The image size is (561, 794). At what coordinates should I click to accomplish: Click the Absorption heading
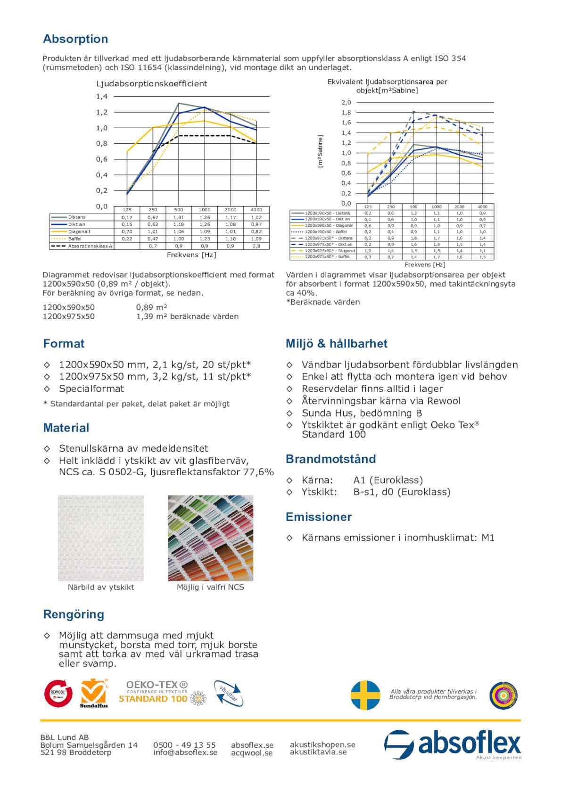point(75,39)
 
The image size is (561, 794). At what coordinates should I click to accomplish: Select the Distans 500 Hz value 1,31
point(178,217)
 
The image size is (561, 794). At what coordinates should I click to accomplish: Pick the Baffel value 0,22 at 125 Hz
point(127,239)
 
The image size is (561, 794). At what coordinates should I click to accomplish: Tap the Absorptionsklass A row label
point(90,246)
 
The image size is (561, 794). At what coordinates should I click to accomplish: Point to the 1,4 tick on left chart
point(102,97)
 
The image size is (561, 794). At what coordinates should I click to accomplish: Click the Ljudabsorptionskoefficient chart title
point(152,84)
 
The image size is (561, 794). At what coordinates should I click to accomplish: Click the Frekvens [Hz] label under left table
point(191,255)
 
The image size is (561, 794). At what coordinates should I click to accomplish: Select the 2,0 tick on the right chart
point(346,102)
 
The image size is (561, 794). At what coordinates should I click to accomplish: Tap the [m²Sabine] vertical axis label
point(321,151)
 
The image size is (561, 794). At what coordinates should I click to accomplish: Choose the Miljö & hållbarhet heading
point(336,344)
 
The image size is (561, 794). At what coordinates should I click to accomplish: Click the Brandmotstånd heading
point(330,459)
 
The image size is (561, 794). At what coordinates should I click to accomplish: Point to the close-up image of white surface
point(101,538)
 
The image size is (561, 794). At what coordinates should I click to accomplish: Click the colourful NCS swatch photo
point(210,538)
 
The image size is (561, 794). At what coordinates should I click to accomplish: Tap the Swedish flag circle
point(365,695)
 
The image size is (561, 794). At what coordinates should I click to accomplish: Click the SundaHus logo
point(94,693)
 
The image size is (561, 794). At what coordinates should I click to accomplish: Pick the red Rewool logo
point(58,693)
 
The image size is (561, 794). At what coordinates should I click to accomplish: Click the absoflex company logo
point(453,744)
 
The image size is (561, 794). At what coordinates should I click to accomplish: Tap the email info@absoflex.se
point(185,753)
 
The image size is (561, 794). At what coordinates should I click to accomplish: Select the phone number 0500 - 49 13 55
point(184,745)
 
